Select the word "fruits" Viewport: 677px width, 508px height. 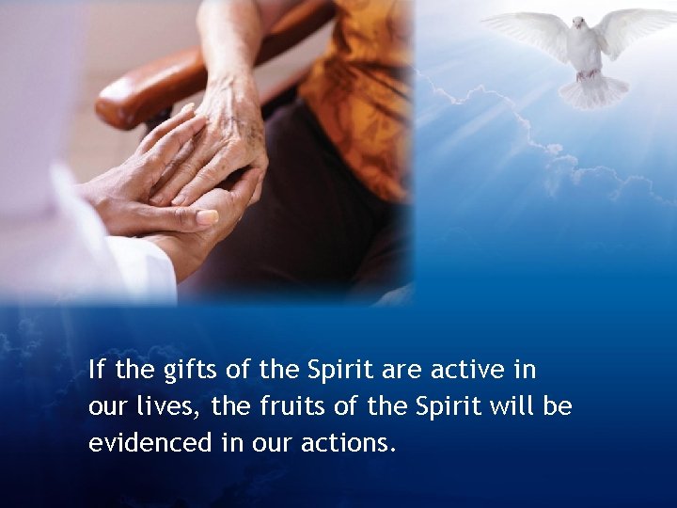(x=283, y=406)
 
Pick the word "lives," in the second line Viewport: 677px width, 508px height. (x=174, y=406)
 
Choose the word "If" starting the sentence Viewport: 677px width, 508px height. (x=97, y=370)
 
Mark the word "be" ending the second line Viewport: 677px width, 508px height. (x=559, y=406)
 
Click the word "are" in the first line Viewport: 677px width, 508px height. (x=401, y=370)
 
